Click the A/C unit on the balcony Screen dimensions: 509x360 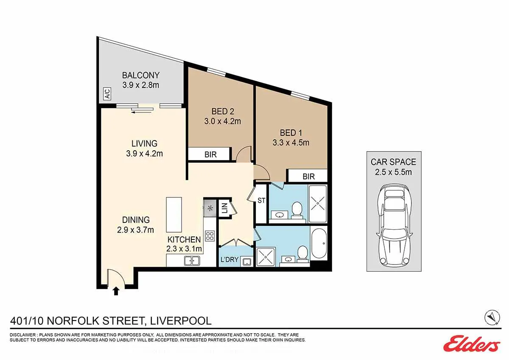pyautogui.click(x=107, y=94)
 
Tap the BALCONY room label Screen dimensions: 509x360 pyautogui.click(x=141, y=75)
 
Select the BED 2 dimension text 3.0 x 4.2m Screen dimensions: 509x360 pyautogui.click(x=222, y=121)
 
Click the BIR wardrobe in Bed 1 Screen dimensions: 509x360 pyautogui.click(x=308, y=176)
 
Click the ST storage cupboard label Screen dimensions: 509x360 pyautogui.click(x=261, y=200)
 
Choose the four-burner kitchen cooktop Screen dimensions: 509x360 pyautogui.click(x=210, y=236)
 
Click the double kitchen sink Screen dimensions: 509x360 pyautogui.click(x=192, y=261)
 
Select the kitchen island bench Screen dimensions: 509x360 pyautogui.click(x=174, y=214)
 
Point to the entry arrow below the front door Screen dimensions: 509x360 pyautogui.click(x=116, y=291)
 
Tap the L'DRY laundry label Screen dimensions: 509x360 pyautogui.click(x=229, y=259)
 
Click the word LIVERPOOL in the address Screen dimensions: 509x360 pyautogui.click(x=180, y=321)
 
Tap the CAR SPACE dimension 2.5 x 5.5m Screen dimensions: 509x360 pyautogui.click(x=393, y=172)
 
